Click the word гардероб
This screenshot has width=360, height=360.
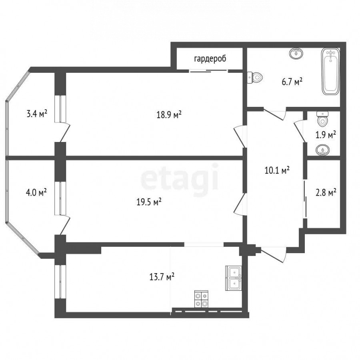coord(210,59)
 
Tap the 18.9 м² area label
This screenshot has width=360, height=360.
coord(169,114)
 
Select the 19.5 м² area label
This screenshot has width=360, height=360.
coord(149,202)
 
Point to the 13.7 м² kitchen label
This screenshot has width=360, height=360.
coord(162,276)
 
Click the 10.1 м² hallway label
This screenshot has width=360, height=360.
coord(277,170)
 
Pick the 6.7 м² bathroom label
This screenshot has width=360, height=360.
coord(292,82)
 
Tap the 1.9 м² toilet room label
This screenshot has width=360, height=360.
coord(326,135)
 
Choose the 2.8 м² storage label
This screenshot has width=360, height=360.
coord(326,193)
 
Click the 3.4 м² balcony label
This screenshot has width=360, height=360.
coord(37,114)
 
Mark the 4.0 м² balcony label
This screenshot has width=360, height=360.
coord(36,192)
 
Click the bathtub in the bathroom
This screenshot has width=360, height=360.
coord(330,72)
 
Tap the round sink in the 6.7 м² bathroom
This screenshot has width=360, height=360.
coord(296,54)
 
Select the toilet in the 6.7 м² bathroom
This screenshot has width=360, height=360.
coord(255,78)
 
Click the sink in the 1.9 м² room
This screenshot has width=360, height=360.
coord(322,151)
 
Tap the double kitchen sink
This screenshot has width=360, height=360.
coord(234,278)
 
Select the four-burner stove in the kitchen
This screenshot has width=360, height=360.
coord(201,299)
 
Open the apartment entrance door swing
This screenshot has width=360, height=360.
coord(273,254)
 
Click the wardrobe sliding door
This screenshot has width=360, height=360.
coord(209,71)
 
